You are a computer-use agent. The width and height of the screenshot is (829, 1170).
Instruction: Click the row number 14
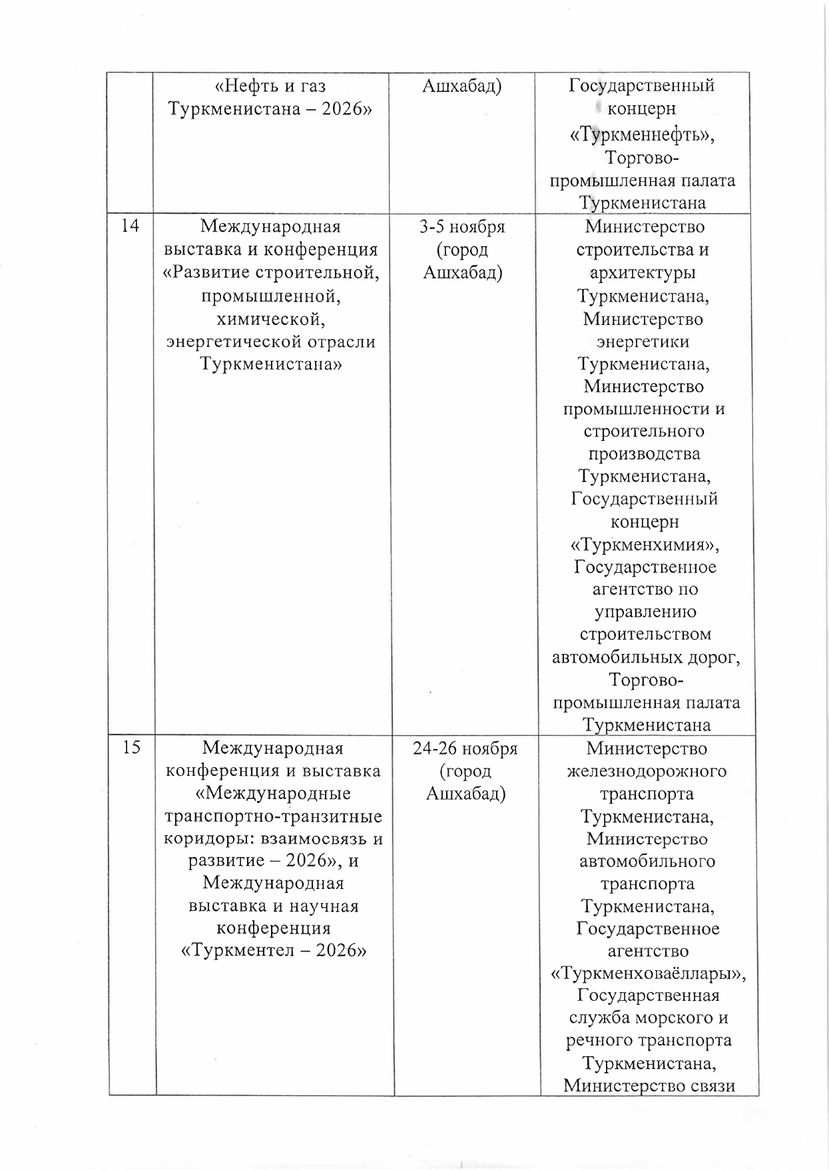[131, 226]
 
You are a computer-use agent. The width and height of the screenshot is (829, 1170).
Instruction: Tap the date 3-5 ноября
[461, 226]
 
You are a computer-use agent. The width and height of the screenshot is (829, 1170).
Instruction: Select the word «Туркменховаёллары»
[649, 974]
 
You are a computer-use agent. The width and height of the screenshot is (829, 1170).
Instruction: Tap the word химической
[270, 319]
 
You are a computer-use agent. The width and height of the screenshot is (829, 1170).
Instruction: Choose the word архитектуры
[643, 272]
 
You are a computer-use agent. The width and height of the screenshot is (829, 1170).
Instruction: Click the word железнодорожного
[647, 771]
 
